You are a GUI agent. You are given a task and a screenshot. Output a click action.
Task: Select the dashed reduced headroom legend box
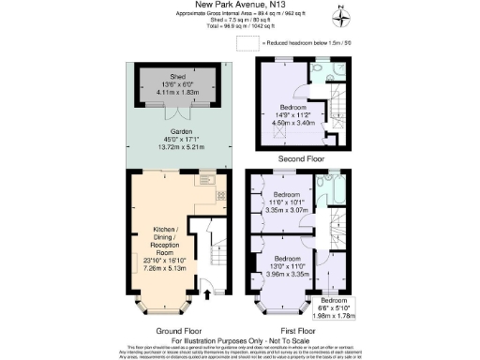pyautogui.click(x=247, y=42)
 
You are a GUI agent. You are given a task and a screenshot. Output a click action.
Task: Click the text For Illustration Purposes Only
pyautogui.click(x=239, y=339)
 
